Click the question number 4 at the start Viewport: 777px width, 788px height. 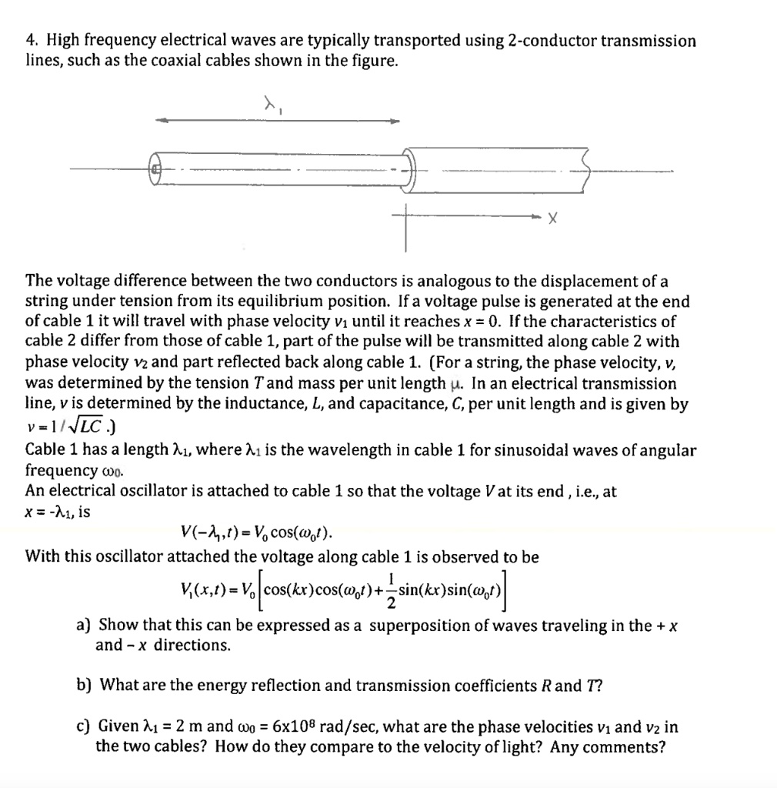[30, 41]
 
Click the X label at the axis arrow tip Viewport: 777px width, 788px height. [552, 220]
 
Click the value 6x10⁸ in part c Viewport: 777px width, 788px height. [285, 726]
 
